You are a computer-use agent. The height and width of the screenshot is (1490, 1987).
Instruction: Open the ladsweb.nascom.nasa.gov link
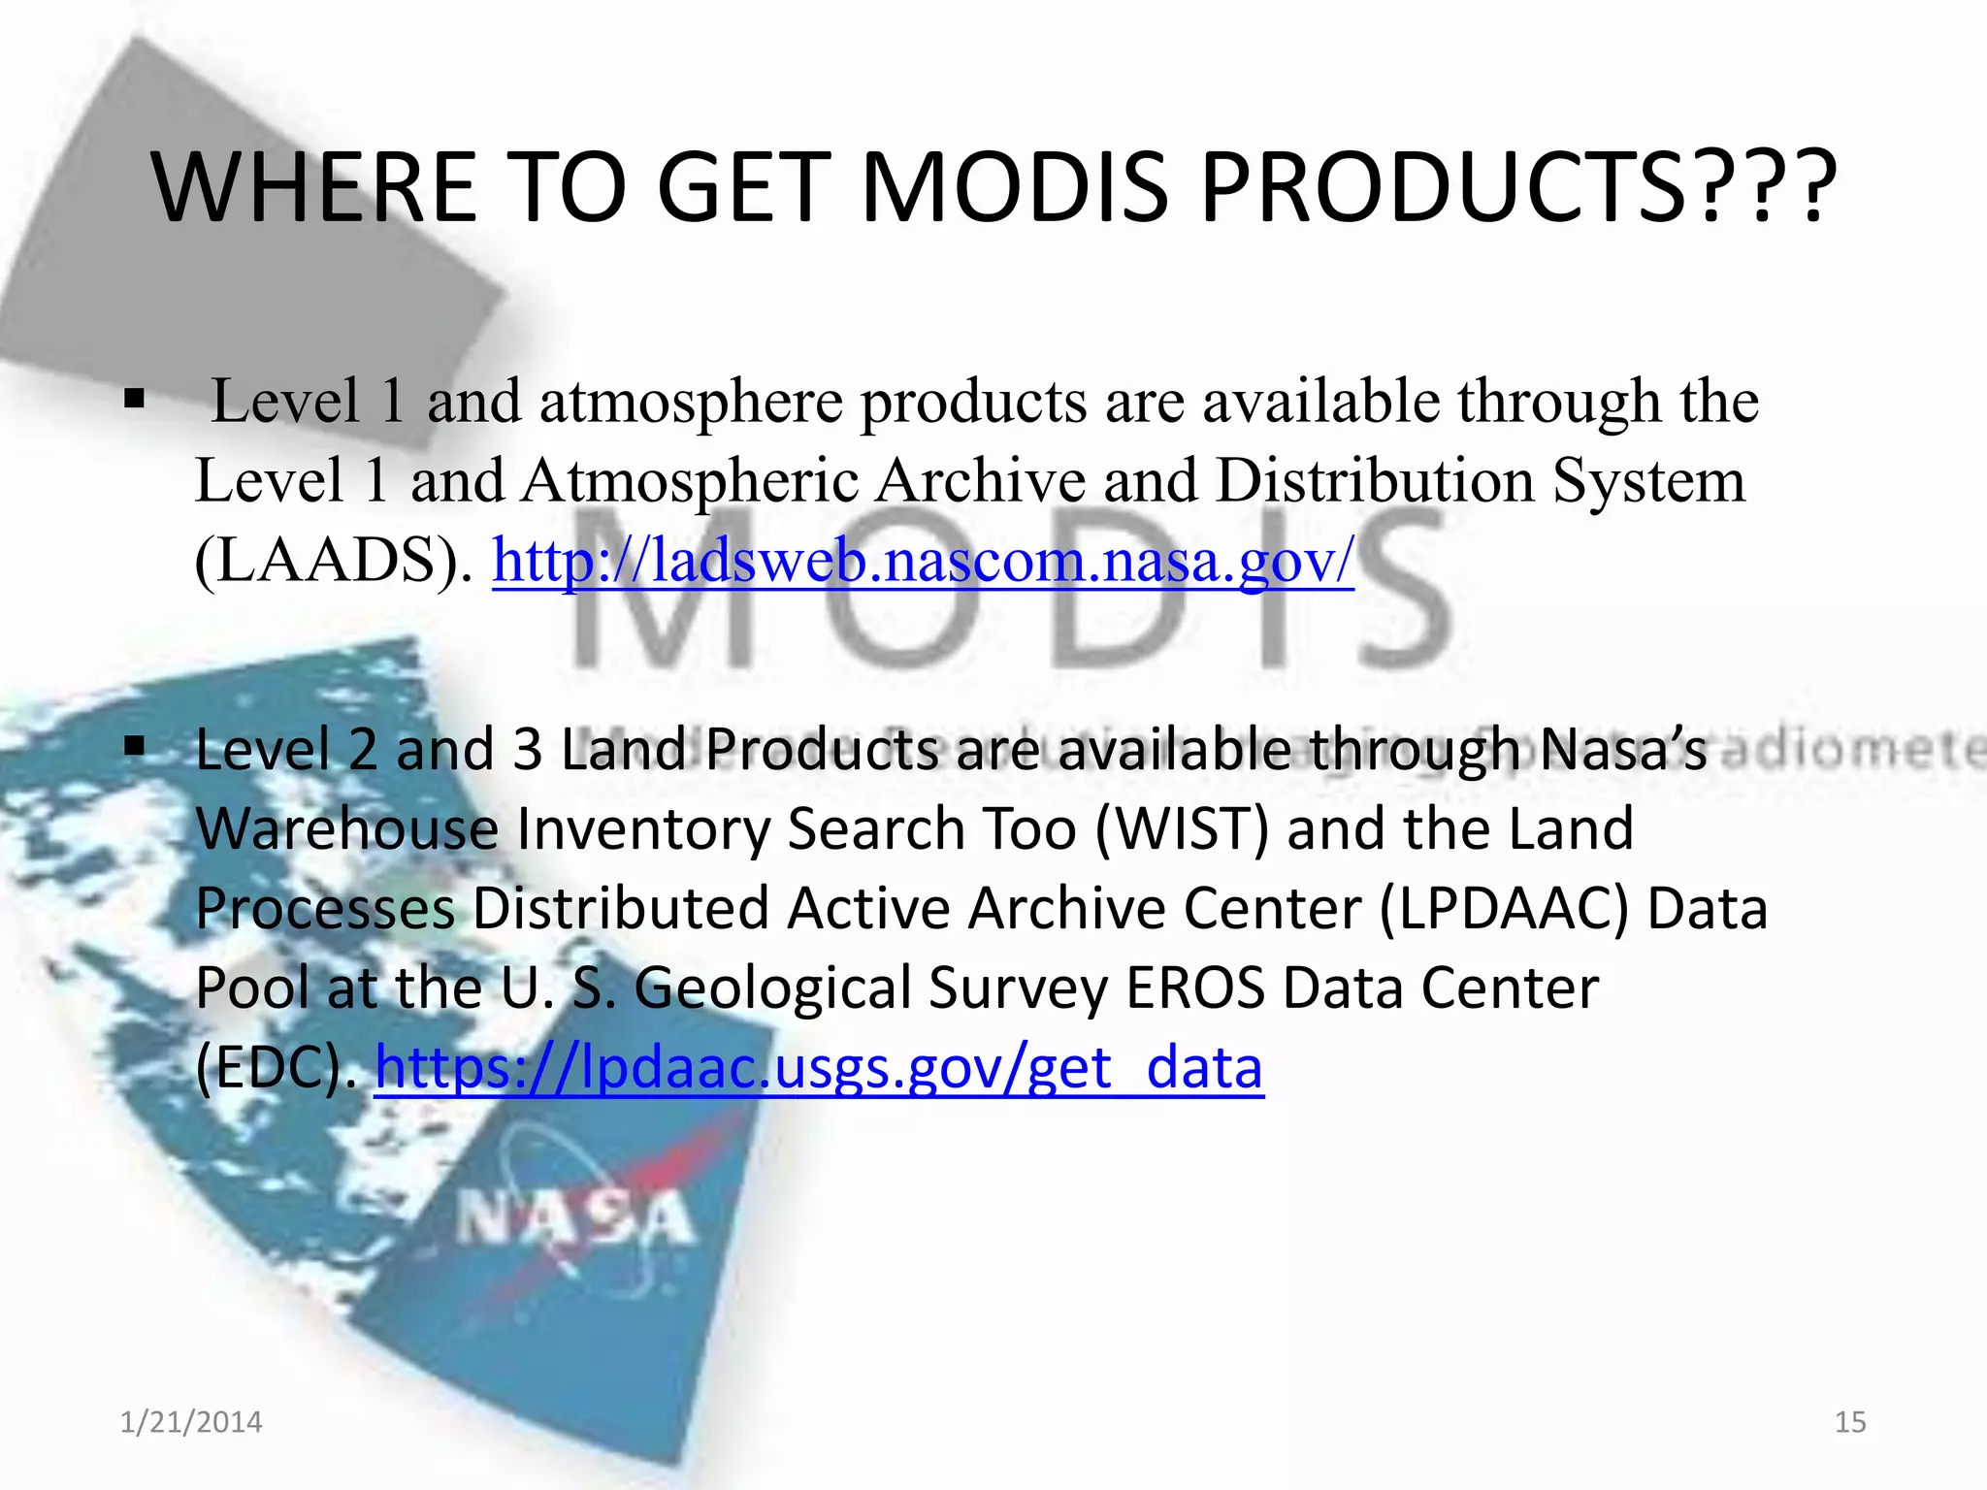click(923, 561)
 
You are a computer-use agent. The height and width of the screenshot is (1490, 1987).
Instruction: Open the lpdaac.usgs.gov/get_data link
click(819, 1068)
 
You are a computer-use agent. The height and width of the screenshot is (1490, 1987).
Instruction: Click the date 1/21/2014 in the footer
click(191, 1422)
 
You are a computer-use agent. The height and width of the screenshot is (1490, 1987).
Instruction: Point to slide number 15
click(1850, 1422)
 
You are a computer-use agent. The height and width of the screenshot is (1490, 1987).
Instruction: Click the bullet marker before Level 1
click(135, 399)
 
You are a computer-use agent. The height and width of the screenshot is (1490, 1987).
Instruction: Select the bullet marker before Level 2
click(135, 746)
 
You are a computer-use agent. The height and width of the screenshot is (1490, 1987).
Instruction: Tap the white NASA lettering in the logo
click(575, 1219)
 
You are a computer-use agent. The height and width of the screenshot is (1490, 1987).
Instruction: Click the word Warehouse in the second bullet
click(346, 829)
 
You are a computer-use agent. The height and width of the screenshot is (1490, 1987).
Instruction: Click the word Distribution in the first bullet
click(1374, 481)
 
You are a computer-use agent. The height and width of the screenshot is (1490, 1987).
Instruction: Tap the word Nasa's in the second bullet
click(1622, 750)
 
